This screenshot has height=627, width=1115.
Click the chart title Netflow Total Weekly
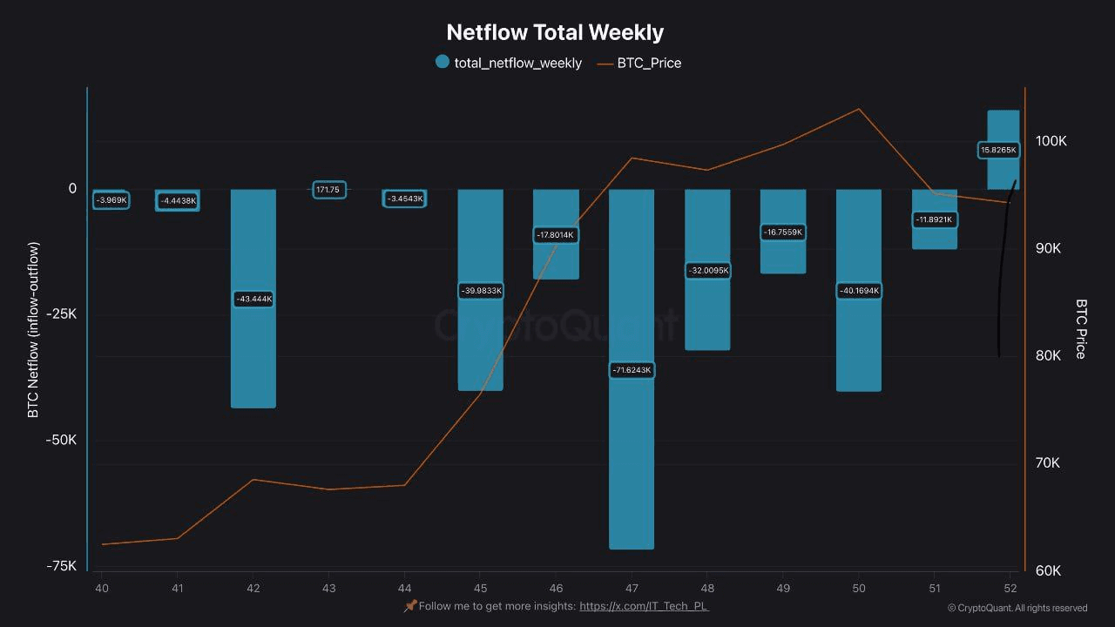[x=555, y=32]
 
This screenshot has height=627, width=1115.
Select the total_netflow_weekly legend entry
[x=509, y=63]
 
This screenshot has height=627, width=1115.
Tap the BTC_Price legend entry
[x=639, y=63]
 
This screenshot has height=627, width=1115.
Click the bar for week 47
[x=632, y=453]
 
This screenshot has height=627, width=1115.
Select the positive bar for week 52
[x=1003, y=126]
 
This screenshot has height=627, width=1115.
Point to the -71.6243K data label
[x=632, y=370]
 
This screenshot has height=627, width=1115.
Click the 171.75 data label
[x=329, y=189]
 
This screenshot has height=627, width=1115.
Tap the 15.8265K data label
[x=998, y=150]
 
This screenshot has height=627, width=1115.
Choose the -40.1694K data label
[x=859, y=290]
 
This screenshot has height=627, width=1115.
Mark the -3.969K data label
[x=111, y=200]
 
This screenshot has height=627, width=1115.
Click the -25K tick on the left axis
[x=61, y=313]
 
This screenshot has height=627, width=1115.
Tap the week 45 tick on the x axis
[x=481, y=589]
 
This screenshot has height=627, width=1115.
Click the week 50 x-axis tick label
[x=859, y=589]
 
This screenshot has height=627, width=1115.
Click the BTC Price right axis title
[x=1081, y=329]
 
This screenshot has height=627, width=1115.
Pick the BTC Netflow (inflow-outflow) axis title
[x=34, y=329]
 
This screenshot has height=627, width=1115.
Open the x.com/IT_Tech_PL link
[x=644, y=606]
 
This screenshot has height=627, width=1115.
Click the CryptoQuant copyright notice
[x=1017, y=608]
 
